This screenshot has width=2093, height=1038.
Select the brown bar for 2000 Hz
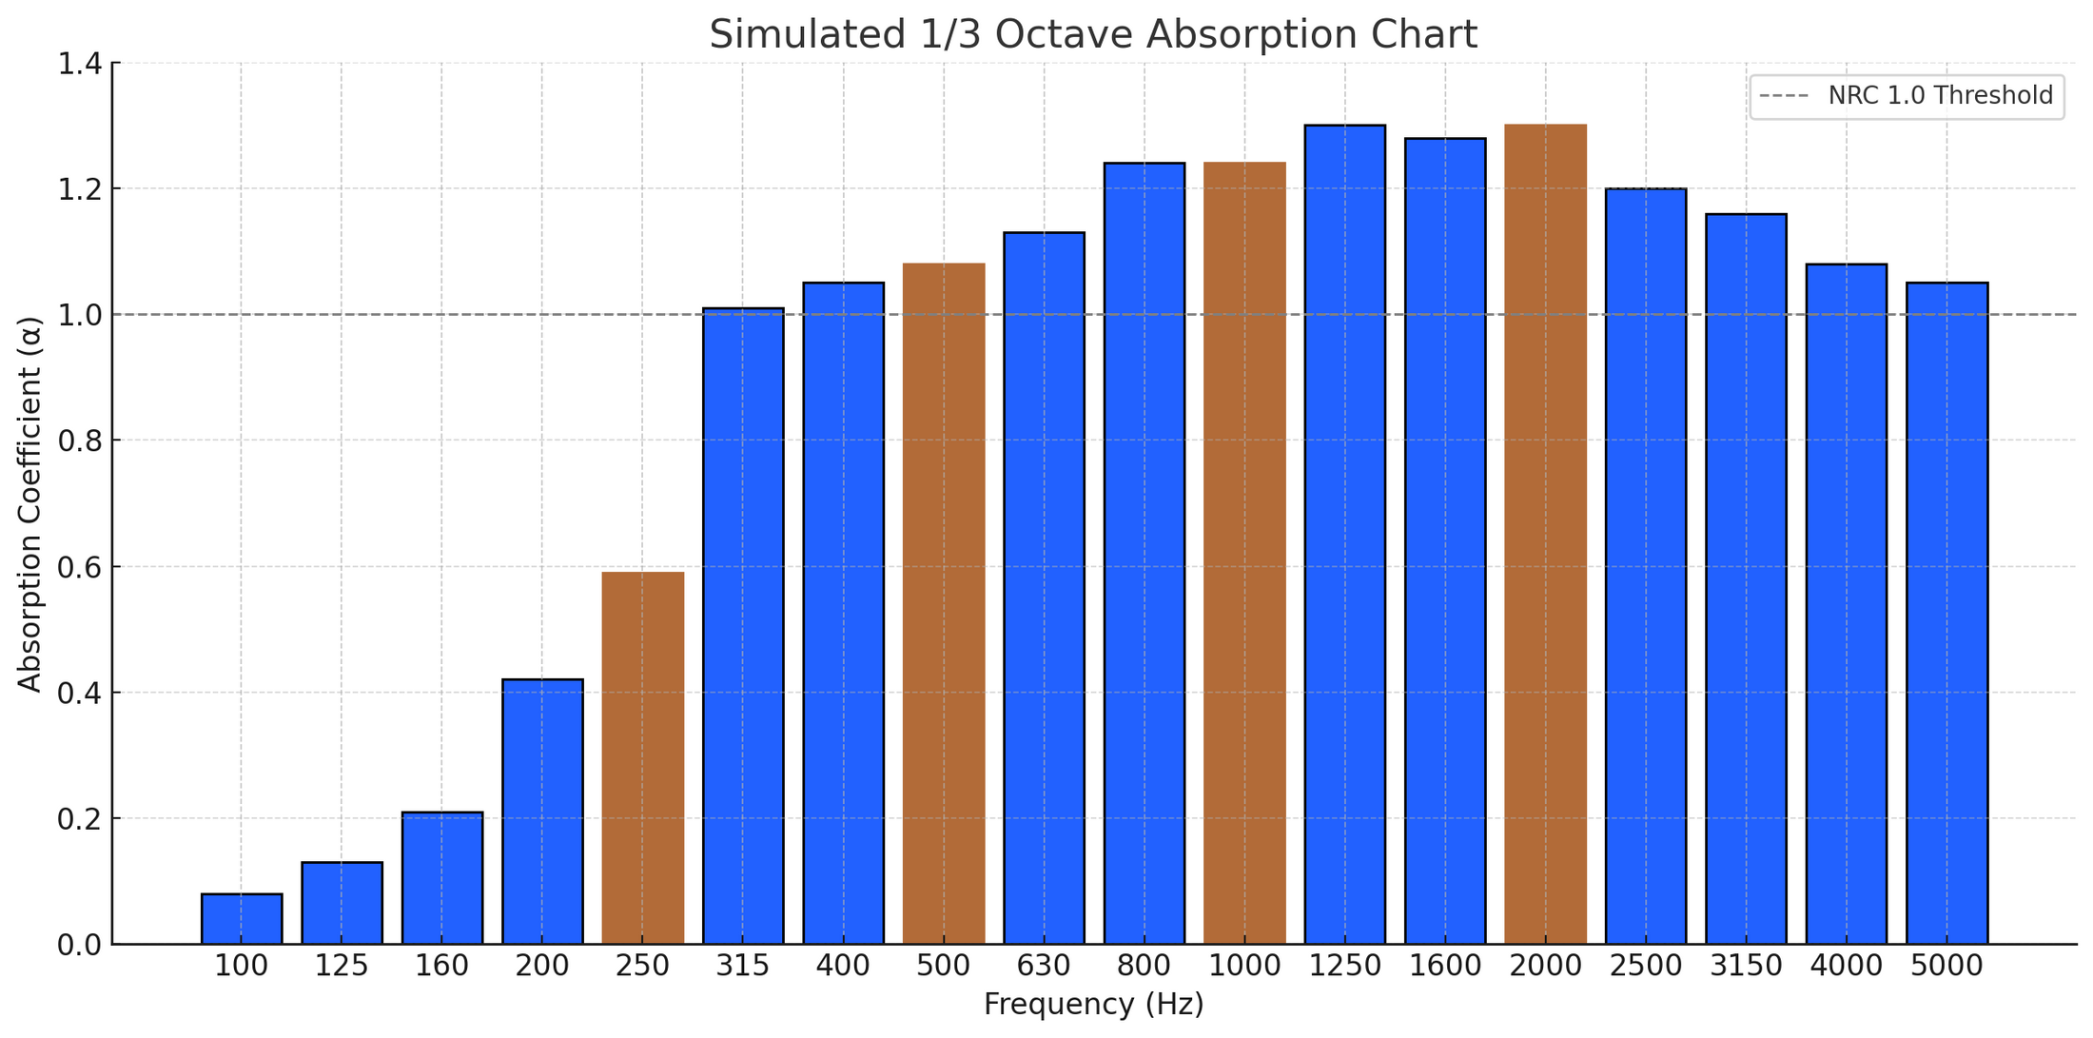[x=1545, y=534]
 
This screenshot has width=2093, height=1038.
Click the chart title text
[x=1093, y=35]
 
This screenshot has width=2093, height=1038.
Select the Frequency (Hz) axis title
[x=1093, y=1005]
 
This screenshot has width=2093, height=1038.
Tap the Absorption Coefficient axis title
[x=30, y=504]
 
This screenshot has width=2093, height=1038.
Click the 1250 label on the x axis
[x=1344, y=967]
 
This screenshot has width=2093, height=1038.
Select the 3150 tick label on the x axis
[x=1746, y=967]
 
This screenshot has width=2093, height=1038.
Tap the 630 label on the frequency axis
[x=1044, y=967]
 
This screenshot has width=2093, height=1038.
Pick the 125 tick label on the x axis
[x=342, y=967]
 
